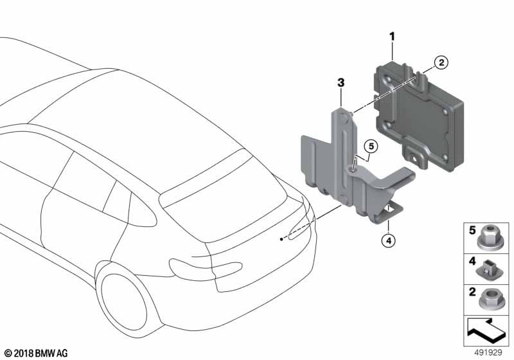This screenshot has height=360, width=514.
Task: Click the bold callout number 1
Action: [392, 37]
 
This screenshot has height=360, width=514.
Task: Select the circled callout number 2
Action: [441, 62]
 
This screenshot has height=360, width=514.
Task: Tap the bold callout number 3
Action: [341, 83]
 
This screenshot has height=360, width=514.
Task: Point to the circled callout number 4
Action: [389, 241]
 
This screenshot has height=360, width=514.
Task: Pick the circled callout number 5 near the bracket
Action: [371, 146]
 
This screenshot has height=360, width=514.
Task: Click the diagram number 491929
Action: [488, 352]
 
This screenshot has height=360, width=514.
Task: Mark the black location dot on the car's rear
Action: [281, 239]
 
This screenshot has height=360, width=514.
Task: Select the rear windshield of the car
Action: [223, 199]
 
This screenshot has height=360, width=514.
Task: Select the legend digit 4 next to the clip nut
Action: [472, 261]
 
